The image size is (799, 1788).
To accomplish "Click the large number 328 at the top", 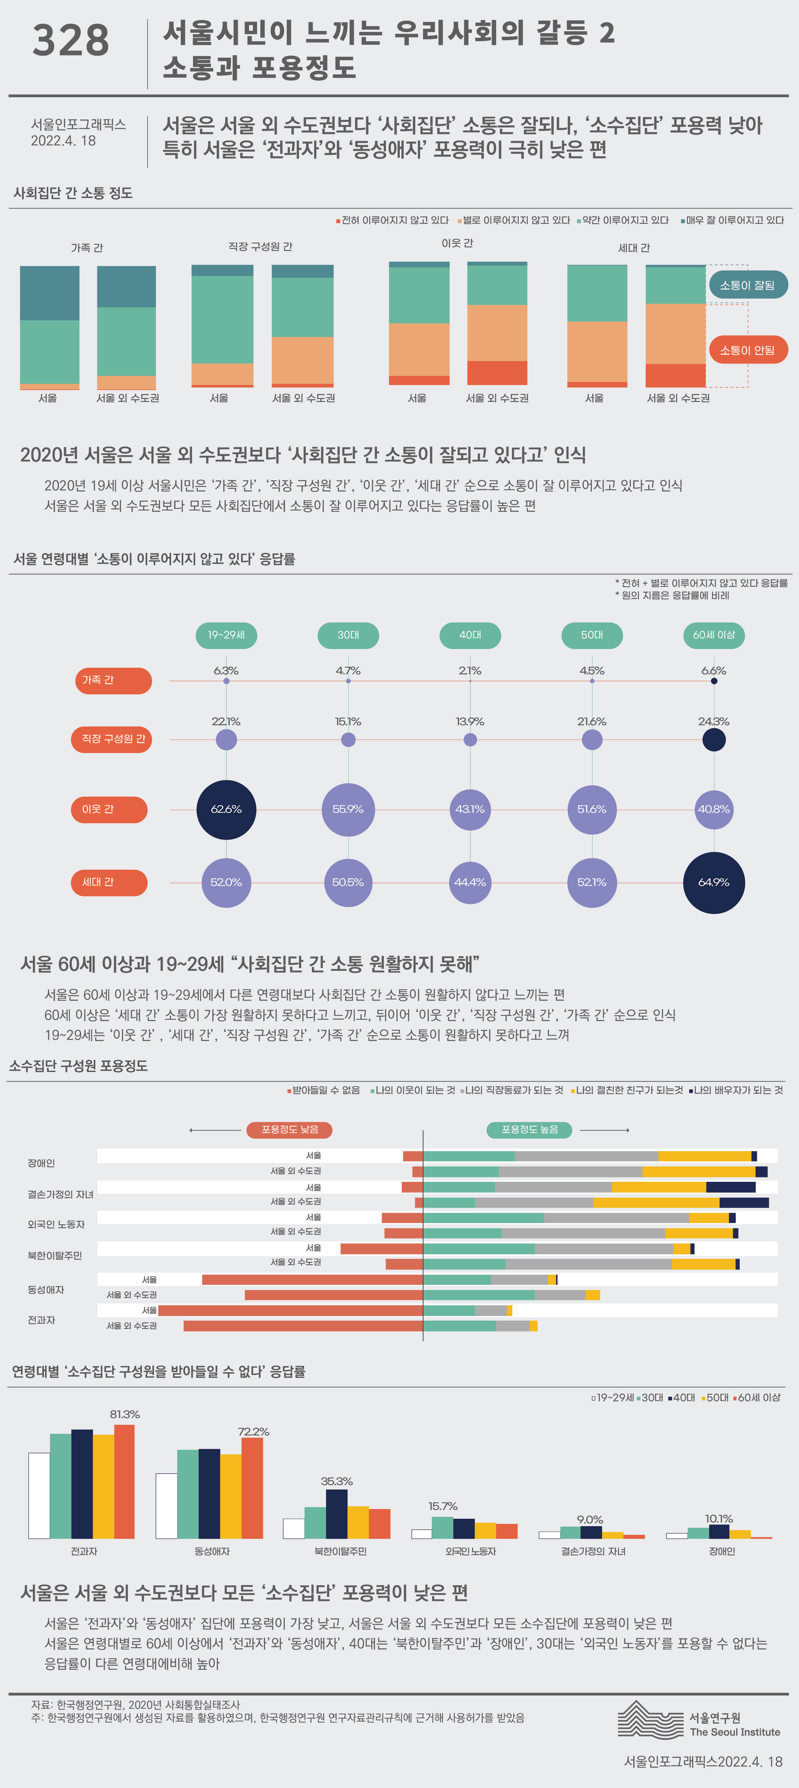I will coord(71,40).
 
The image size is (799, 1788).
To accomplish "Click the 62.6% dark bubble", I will coord(226,809).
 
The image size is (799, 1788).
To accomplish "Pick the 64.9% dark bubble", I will coord(714,882).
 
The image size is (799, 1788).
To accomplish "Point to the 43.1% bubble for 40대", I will coord(470,809).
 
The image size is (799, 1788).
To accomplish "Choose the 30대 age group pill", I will coord(348,635).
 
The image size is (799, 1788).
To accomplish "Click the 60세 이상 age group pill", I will coord(714,635).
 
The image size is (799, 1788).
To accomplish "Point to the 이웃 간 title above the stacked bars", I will coord(457,243).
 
